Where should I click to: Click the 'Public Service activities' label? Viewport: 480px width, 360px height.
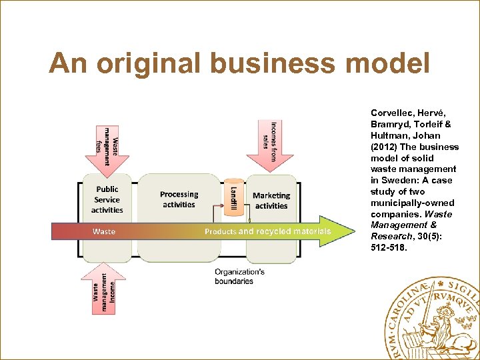click(107, 199)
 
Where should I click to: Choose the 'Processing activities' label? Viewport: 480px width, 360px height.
click(179, 199)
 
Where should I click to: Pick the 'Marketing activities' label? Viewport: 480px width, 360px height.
click(271, 201)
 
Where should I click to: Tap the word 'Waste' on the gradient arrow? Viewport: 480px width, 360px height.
click(104, 231)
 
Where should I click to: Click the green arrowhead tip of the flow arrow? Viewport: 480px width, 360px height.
click(350, 231)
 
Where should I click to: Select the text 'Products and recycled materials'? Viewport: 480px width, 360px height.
click(267, 231)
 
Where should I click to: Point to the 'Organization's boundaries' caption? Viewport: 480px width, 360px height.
click(239, 277)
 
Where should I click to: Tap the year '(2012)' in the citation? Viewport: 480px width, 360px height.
click(385, 147)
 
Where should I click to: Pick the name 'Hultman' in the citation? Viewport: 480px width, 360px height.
click(387, 135)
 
